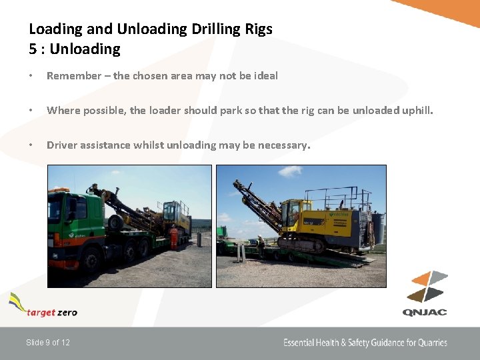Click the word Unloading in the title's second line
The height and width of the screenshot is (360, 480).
85,49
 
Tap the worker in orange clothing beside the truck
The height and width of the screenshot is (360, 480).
174,237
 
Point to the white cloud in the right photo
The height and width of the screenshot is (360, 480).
289,172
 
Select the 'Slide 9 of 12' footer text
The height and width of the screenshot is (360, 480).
48,343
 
